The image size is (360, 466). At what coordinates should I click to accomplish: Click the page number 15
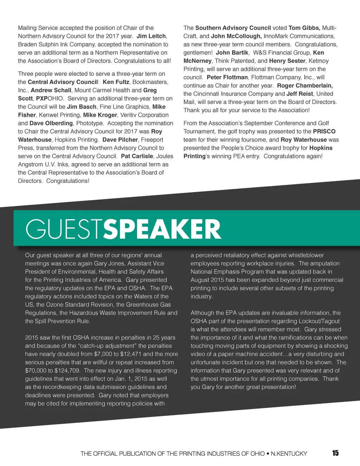pos(335,453)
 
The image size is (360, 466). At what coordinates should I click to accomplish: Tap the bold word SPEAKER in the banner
pos(162,229)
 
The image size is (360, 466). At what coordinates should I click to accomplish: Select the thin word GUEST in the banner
pos(64,229)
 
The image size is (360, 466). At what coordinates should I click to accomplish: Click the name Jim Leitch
pos(151,36)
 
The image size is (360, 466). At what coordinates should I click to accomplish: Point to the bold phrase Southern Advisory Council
pos(233,28)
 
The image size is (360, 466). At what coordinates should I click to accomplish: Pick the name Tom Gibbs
pos(304,28)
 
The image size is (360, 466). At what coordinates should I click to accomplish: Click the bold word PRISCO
pos(324,131)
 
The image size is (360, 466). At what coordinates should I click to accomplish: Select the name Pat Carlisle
pos(137,156)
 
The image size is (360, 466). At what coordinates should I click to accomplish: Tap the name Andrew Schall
pos(51,90)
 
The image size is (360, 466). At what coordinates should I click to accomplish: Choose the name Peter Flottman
pos(227,77)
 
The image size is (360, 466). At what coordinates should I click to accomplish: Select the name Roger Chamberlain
pos(305,85)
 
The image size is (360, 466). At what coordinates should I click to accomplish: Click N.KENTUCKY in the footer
pos(289,454)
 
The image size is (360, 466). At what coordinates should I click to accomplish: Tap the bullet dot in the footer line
pos(268,454)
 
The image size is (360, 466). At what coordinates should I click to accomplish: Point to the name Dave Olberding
pos(51,123)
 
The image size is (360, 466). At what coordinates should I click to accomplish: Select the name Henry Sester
pos(287,61)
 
